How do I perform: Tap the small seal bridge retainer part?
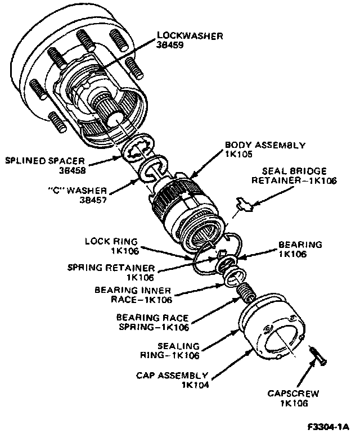click(245, 205)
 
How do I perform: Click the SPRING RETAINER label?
click(106, 268)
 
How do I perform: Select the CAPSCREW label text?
click(287, 394)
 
